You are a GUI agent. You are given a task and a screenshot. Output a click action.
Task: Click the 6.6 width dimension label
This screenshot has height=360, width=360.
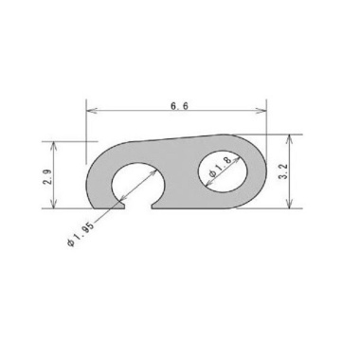pos(179,106)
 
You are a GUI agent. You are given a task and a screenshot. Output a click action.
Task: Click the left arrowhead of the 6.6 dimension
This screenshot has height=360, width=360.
pos(91,111)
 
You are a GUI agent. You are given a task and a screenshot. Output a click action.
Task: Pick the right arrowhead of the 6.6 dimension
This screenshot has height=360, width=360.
pos(261,111)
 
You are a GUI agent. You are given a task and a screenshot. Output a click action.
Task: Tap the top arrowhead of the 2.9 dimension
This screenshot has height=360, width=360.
pos(54,145)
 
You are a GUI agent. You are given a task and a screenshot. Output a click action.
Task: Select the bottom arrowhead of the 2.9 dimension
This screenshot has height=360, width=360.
pos(54,205)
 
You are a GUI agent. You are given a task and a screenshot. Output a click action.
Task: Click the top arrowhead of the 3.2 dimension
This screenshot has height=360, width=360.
pos(290,138)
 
